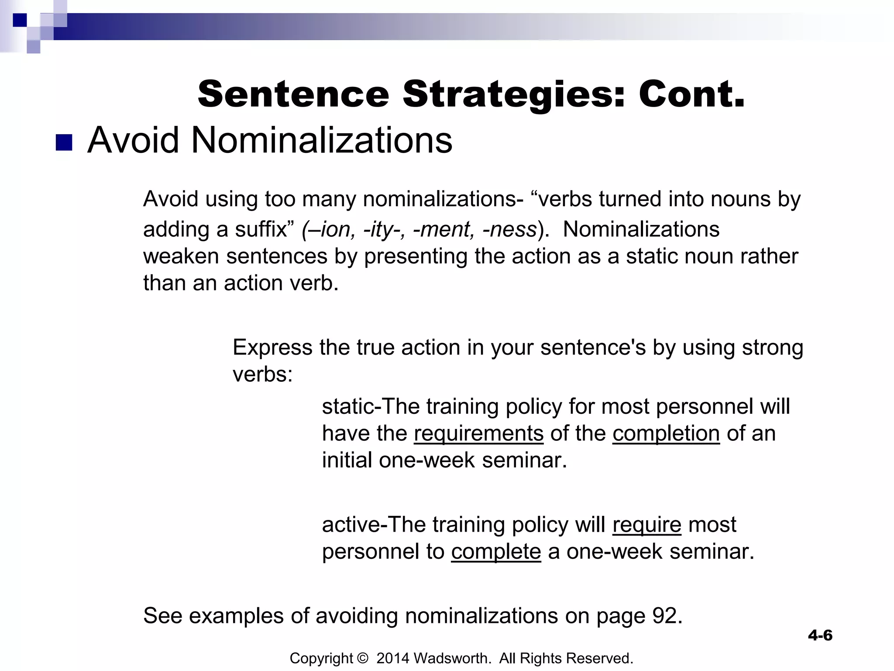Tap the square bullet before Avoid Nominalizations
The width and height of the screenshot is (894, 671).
click(64, 142)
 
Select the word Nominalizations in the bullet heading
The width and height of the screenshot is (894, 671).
click(322, 140)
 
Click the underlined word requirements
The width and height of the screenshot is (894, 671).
click(478, 433)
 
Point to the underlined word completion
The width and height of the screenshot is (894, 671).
click(666, 433)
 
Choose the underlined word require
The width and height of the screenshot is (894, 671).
click(646, 524)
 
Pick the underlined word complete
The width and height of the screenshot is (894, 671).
click(496, 551)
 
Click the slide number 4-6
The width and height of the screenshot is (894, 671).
click(820, 635)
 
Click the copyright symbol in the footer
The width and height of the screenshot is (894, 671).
click(362, 658)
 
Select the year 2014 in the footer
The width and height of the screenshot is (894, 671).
click(392, 658)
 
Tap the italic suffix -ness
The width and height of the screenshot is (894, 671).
click(509, 229)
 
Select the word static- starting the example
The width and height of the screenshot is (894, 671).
click(348, 407)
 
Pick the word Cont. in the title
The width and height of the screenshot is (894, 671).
click(691, 95)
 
